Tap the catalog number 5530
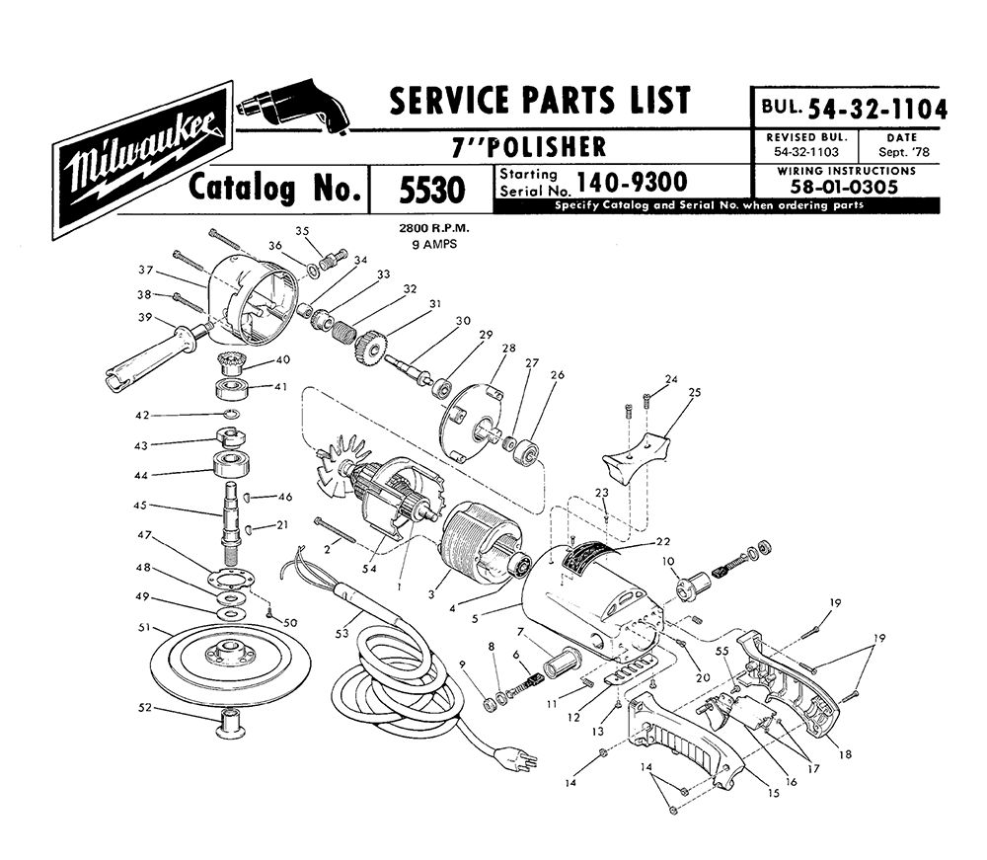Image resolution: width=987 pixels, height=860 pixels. pos(432,191)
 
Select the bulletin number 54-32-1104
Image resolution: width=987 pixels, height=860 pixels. pos(876,109)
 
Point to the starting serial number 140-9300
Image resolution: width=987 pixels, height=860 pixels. pos(632,182)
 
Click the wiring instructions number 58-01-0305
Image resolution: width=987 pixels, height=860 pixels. pos(845,187)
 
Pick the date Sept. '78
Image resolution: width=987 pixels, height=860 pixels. pos(903,152)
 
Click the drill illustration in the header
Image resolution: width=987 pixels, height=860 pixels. pos(293,107)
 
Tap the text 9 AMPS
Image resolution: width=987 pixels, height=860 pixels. pos(434,244)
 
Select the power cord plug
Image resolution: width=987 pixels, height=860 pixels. pos(515,756)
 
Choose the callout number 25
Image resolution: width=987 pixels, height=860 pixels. pos(694,392)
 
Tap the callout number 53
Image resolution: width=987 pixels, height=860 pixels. pos(342,633)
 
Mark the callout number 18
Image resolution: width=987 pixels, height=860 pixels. pos(846,754)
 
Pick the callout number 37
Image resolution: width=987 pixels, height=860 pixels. pos(145,271)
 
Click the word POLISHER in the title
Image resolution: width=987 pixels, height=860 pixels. pos(547,147)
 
